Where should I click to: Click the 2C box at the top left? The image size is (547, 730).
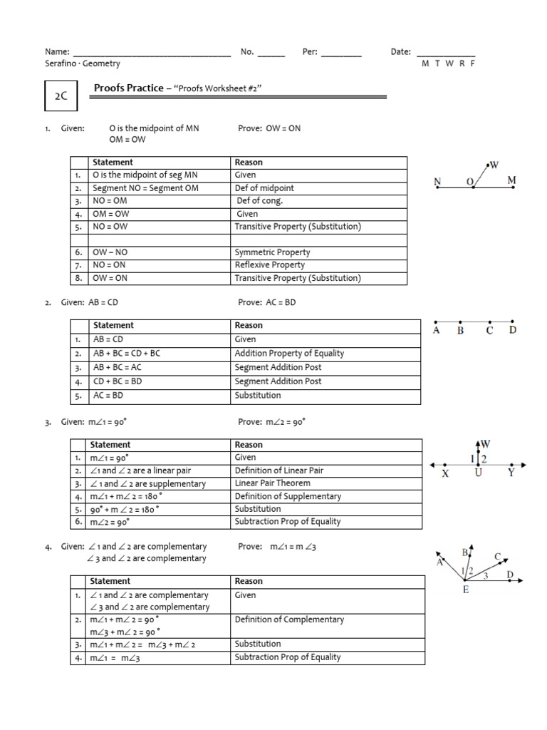61,96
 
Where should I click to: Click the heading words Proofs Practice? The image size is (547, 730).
129,88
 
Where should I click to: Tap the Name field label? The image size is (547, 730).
57,52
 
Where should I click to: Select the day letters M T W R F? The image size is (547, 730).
448,63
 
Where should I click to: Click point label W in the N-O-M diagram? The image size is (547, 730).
494,165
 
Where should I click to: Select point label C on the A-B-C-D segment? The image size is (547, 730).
489,331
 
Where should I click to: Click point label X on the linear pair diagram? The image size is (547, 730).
446,473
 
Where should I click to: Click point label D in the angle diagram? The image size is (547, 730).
509,575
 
